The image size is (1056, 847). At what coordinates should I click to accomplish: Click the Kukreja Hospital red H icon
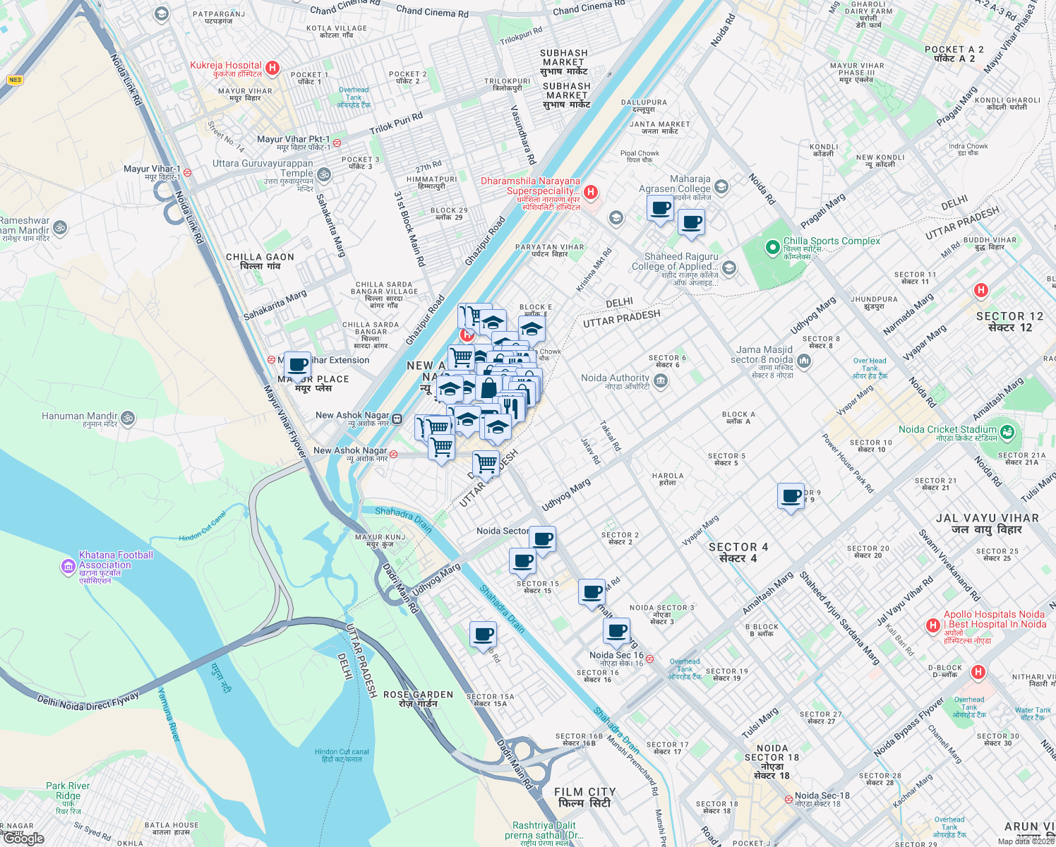coord(272,68)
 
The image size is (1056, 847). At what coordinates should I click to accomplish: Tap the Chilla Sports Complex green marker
coord(773,247)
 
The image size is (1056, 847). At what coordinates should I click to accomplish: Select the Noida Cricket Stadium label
coord(947,429)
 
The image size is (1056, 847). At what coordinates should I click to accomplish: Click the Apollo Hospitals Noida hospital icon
coord(933,625)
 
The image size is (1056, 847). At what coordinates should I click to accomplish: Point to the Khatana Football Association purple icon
coord(68,566)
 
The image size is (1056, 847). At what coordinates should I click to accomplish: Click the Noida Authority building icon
coord(661,382)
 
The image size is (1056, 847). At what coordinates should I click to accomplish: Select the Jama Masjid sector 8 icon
coord(803,361)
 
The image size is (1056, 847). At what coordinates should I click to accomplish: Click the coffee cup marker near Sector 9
coord(791,496)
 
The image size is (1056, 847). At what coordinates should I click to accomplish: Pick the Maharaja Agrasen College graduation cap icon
coord(721,186)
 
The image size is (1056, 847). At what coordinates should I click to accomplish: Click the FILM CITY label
coord(584,792)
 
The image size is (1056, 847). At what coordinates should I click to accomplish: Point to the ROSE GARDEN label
coord(418,695)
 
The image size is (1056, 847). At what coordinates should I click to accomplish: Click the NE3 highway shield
coord(15,80)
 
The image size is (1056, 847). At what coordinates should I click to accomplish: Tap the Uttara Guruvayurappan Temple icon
coord(323,174)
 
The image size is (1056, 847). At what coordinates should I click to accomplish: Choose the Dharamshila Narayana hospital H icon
coord(592,192)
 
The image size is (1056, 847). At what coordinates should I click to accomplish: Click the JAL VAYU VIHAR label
coord(987,518)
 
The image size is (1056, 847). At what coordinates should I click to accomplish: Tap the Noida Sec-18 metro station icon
coord(788,800)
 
